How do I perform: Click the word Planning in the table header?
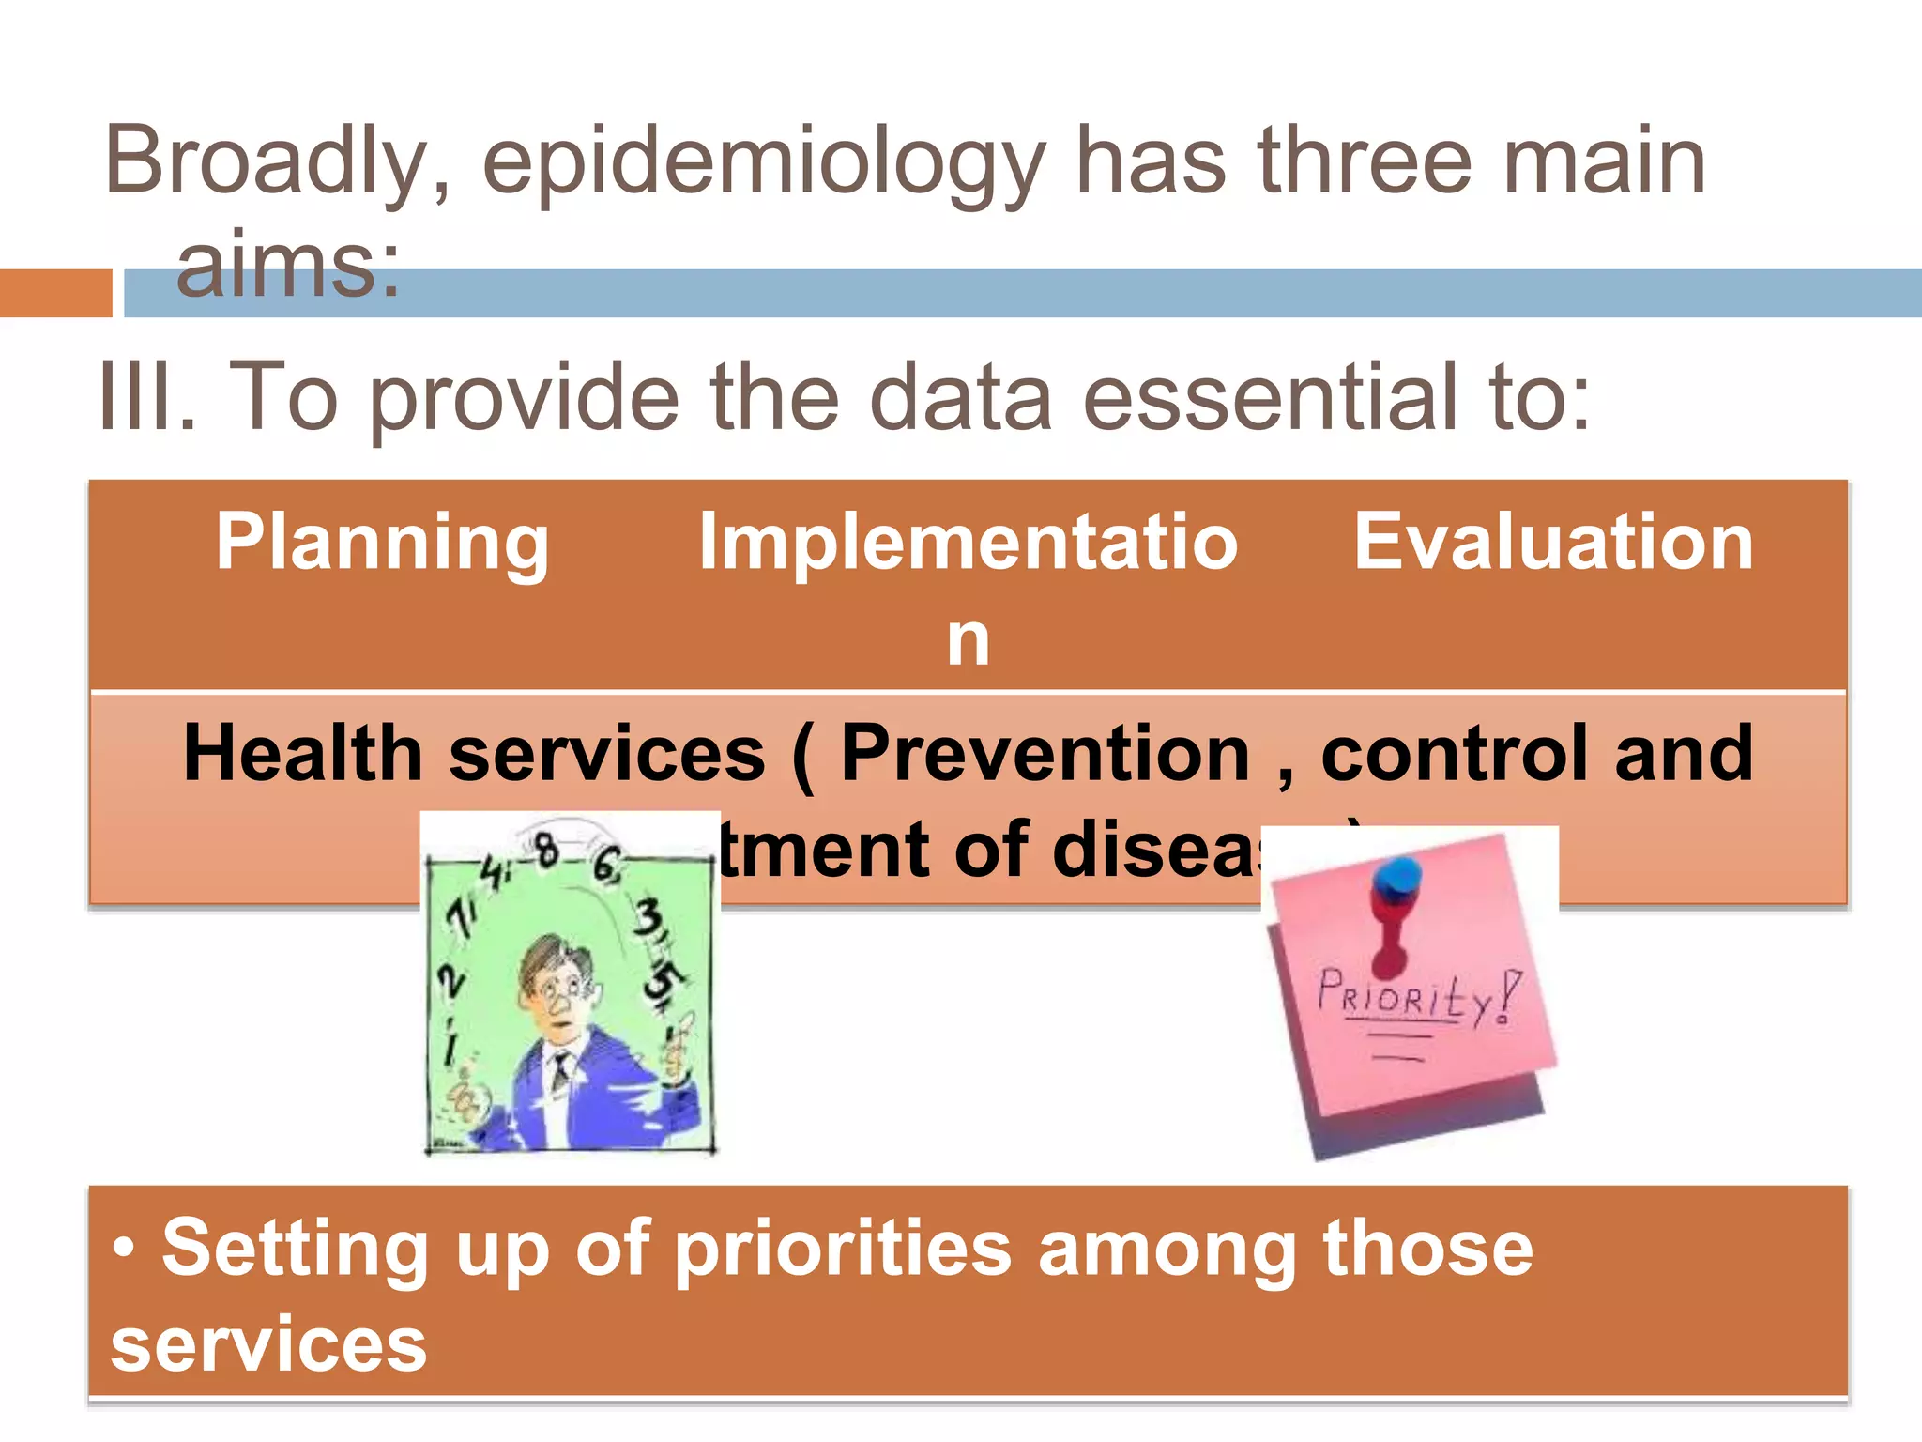click(382, 543)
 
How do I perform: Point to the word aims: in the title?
click(288, 266)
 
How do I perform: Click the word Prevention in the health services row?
click(1045, 753)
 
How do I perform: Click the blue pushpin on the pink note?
click(1397, 878)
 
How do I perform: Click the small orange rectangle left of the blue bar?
click(55, 293)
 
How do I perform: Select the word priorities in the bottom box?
click(843, 1249)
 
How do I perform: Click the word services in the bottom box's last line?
click(268, 1344)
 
